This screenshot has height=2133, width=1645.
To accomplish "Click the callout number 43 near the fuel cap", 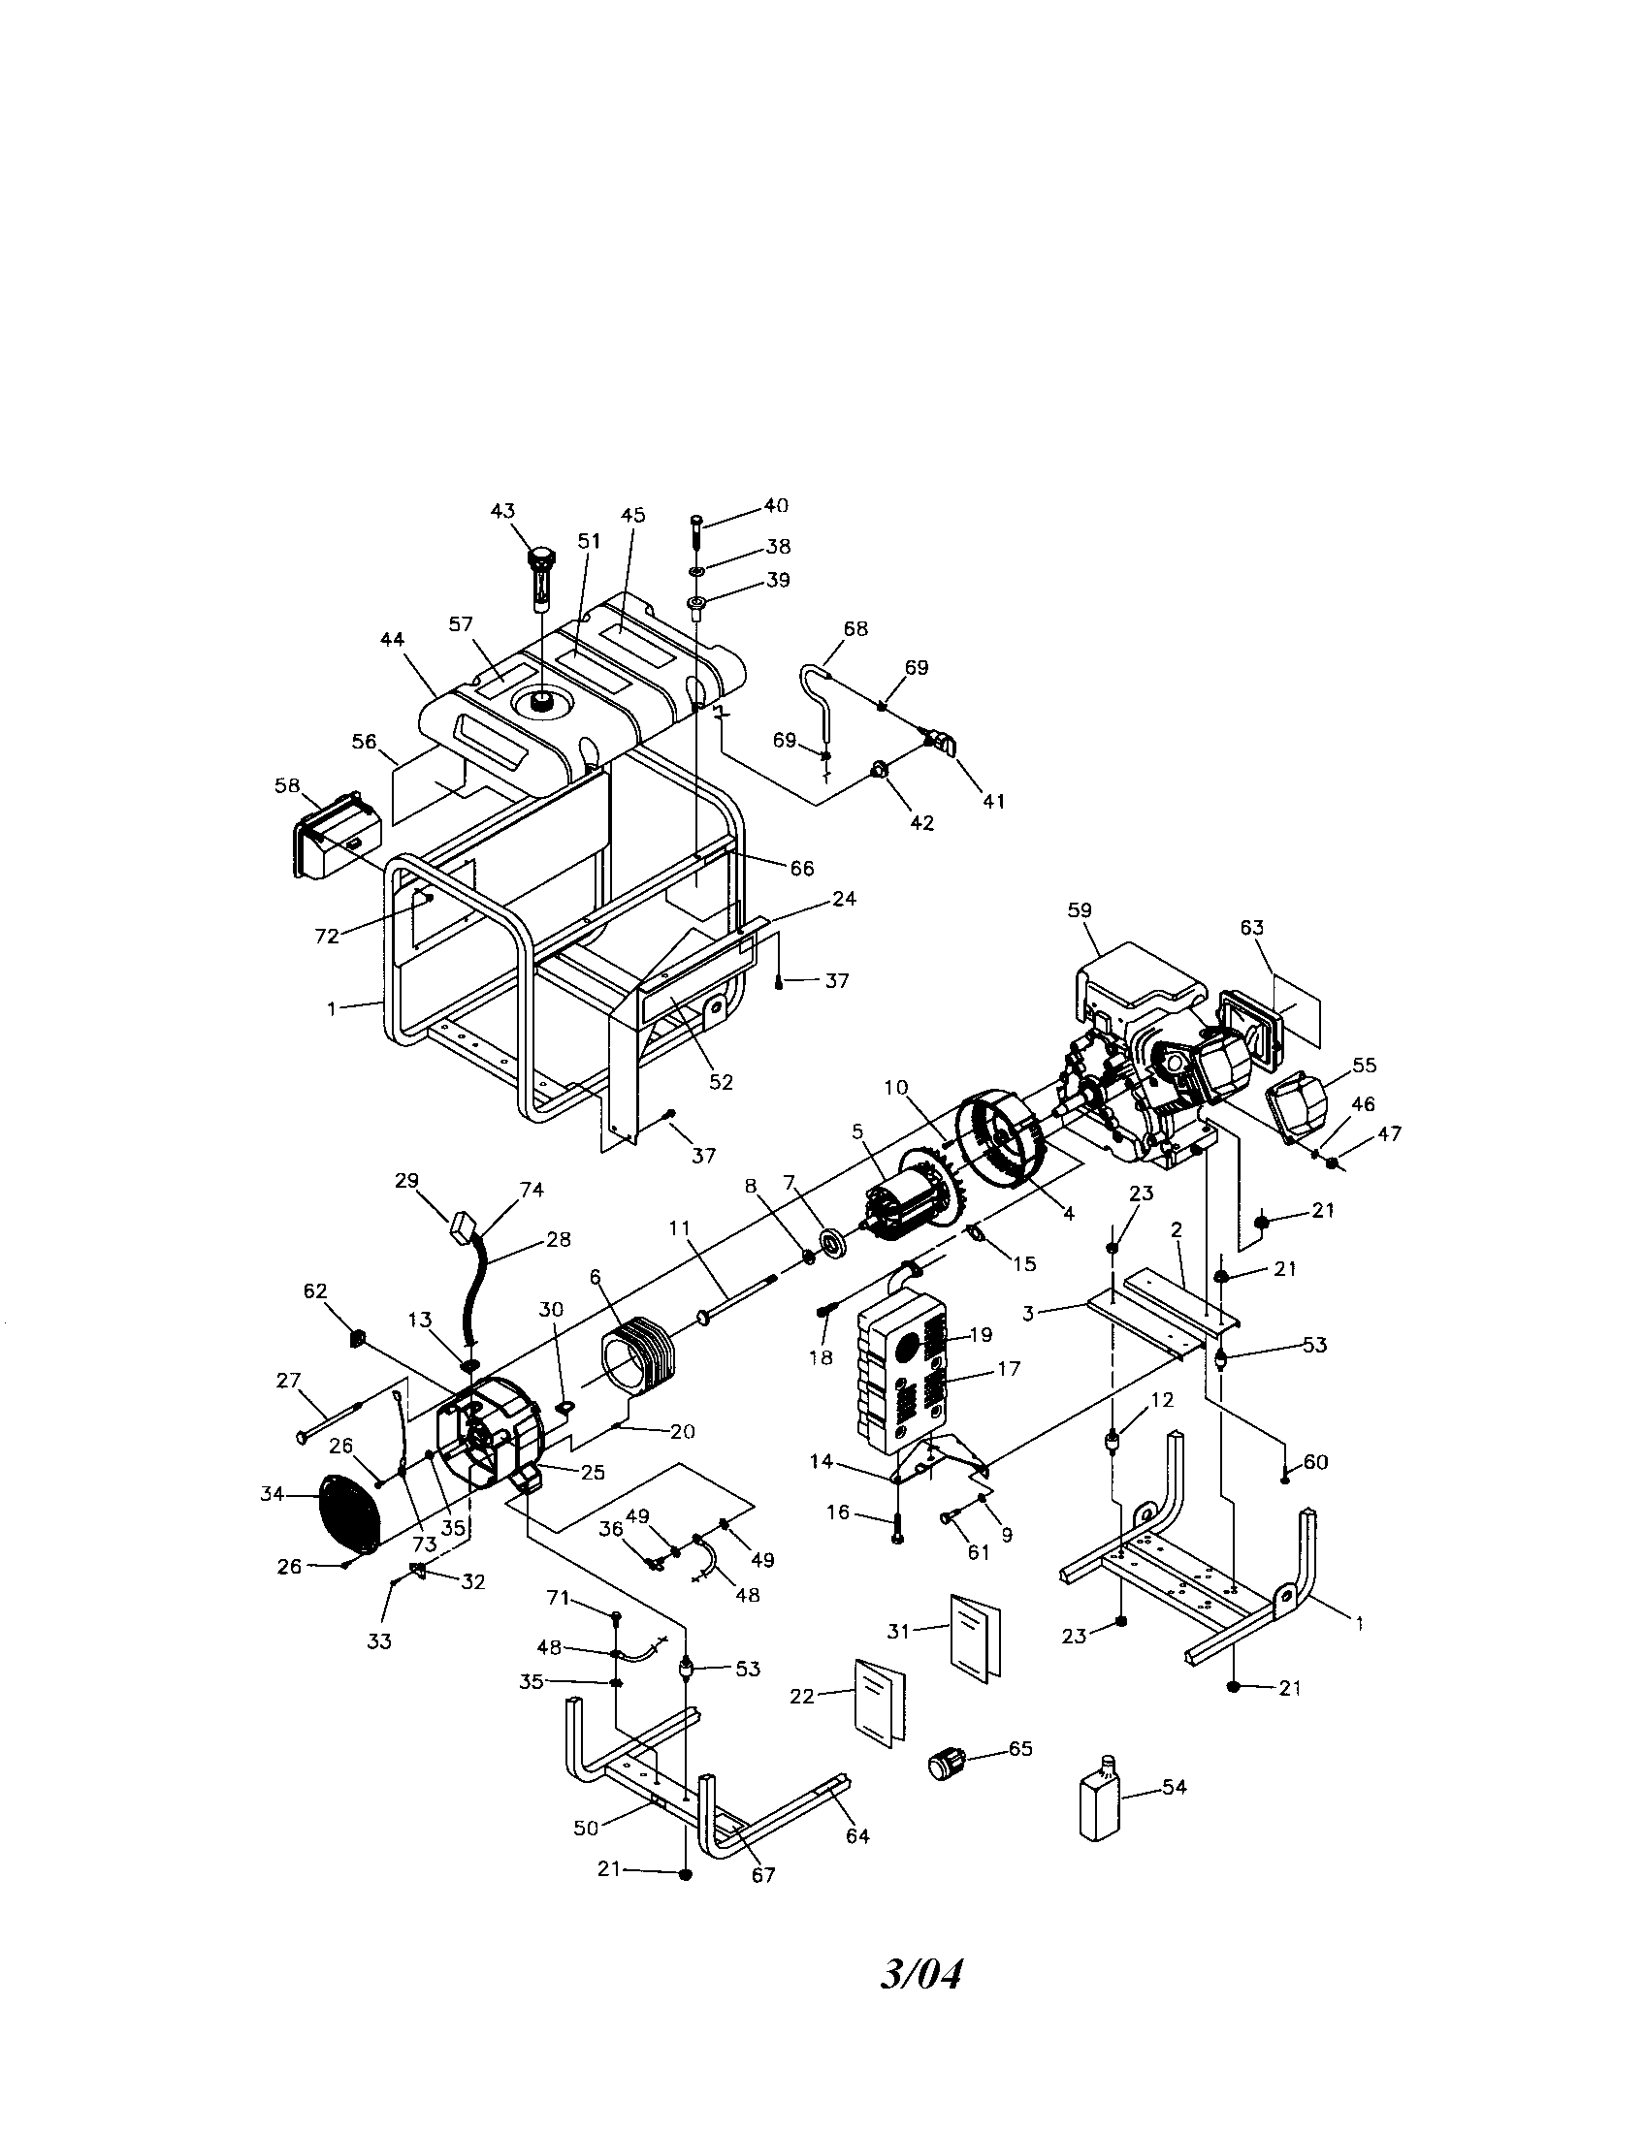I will (502, 512).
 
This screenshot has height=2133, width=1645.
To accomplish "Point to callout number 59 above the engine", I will (1080, 910).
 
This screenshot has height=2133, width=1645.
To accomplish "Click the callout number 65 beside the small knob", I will (1019, 1748).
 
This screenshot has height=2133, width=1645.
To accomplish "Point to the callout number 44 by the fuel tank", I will (392, 639).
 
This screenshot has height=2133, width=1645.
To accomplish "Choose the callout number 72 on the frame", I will (326, 936).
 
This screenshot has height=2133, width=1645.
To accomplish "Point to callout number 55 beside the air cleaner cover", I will (1364, 1066).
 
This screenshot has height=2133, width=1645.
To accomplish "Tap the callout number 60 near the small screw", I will (1315, 1462).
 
